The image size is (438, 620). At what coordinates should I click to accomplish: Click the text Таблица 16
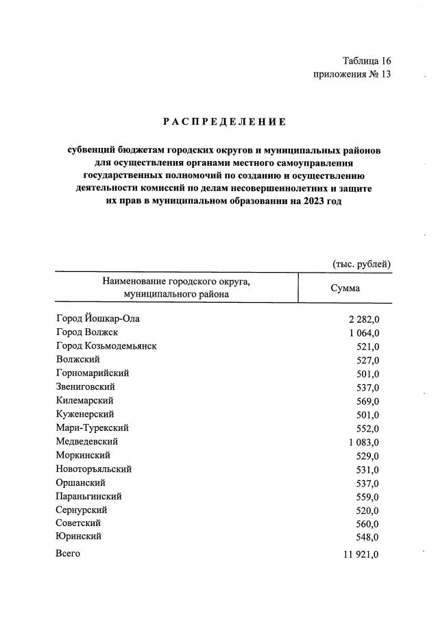pyautogui.click(x=367, y=61)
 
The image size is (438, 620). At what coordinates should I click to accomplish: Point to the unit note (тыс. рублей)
pyautogui.click(x=361, y=263)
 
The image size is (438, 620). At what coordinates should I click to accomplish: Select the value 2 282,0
pyautogui.click(x=364, y=319)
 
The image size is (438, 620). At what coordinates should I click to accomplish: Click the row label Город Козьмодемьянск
pyautogui.click(x=106, y=346)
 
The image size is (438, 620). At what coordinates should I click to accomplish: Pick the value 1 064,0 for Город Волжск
pyautogui.click(x=364, y=333)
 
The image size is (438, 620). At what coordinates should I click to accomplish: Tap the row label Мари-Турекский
pyautogui.click(x=92, y=428)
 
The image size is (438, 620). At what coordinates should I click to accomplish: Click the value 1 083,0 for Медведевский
pyautogui.click(x=364, y=443)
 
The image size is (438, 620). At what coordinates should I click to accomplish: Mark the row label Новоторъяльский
pyautogui.click(x=94, y=469)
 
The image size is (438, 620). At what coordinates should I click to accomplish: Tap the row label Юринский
pyautogui.click(x=79, y=537)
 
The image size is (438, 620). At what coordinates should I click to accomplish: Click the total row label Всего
pyautogui.click(x=68, y=554)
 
